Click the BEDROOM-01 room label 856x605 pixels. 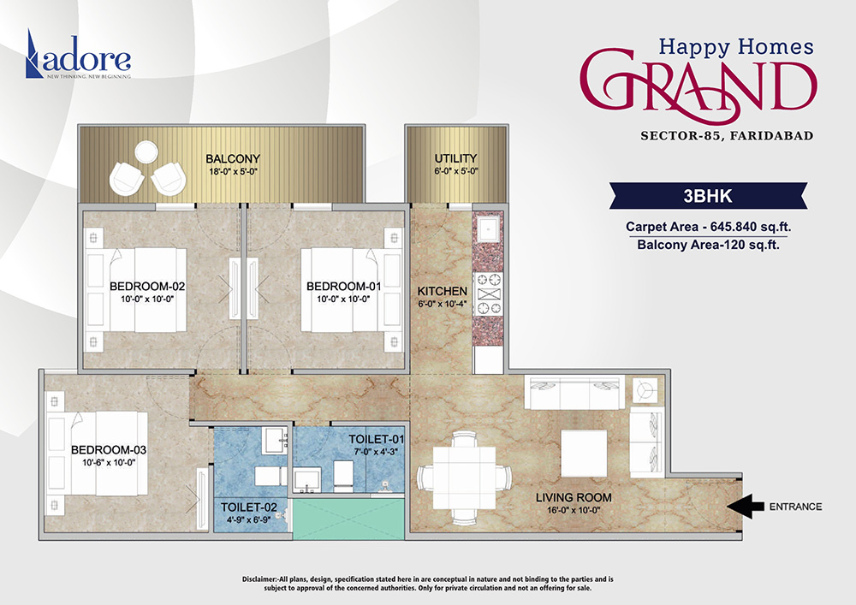[343, 286]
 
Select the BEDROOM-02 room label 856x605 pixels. [147, 286]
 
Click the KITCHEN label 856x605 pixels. [442, 291]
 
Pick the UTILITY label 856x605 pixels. [455, 159]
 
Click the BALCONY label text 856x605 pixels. [232, 159]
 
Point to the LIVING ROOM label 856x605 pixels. [573, 497]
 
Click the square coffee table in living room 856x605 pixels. [585, 452]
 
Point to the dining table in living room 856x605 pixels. [461, 476]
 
